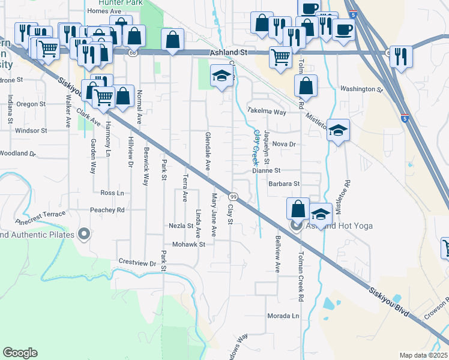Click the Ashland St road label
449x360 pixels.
(x=229, y=53)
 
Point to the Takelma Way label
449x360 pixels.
(x=267, y=112)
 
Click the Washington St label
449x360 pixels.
(x=361, y=89)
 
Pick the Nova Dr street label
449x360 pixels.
(x=284, y=144)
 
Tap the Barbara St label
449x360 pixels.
(x=283, y=184)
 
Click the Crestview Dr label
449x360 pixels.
(x=137, y=263)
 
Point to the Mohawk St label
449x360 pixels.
(x=188, y=244)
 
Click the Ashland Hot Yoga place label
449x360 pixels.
(x=340, y=226)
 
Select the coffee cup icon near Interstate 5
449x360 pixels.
(x=343, y=31)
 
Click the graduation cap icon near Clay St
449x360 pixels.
(x=221, y=76)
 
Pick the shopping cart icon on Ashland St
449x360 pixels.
(x=280, y=58)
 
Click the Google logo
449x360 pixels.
(x=20, y=353)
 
